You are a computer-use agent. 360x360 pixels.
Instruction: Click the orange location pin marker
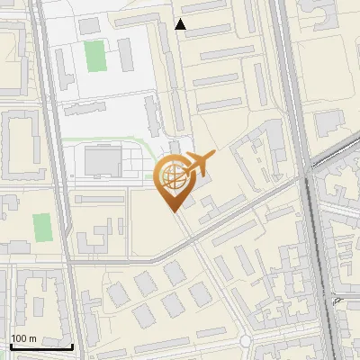172,180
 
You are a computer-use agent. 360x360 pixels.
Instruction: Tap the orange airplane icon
198,164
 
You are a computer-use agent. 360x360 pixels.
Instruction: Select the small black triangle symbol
181,24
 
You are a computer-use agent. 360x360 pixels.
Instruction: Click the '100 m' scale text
23,337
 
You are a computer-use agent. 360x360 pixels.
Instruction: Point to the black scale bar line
41,346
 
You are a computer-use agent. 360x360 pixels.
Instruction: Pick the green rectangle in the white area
94,56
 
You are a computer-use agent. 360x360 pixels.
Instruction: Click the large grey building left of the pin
102,162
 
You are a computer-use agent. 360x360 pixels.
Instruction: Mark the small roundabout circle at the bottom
246,341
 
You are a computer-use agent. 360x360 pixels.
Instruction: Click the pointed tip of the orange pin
172,211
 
